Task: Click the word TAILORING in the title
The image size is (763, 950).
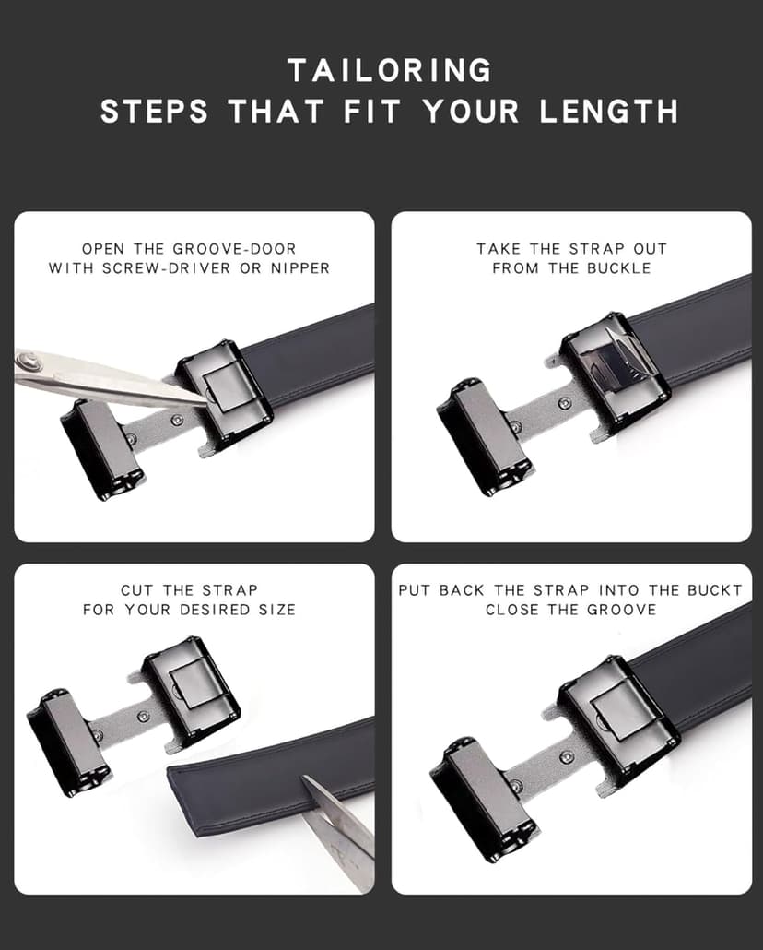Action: [x=390, y=70]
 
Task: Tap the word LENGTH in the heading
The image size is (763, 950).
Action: [x=609, y=112]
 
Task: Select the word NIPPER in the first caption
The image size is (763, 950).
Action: [x=297, y=268]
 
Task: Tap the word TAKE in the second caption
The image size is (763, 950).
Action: [x=498, y=249]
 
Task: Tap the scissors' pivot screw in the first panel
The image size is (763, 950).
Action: [x=34, y=359]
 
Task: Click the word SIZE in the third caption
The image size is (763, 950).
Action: [x=276, y=610]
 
